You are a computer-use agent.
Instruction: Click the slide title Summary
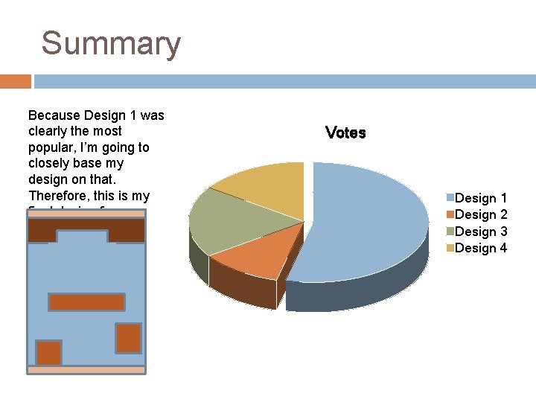click(x=111, y=43)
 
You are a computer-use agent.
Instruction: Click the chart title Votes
click(x=345, y=133)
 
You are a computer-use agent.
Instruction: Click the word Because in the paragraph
click(x=54, y=115)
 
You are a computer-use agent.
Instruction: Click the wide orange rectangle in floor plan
click(x=86, y=301)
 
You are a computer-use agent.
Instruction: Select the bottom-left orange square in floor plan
click(x=49, y=352)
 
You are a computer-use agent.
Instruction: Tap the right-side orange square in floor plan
click(x=128, y=337)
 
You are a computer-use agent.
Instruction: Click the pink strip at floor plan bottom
click(x=86, y=369)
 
